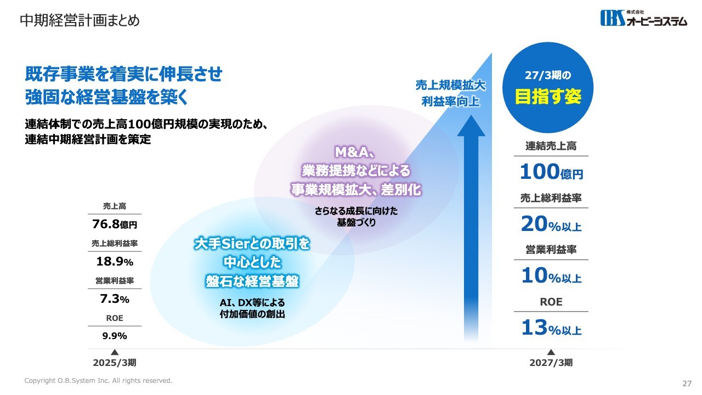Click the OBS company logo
point(644,18)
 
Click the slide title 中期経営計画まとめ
point(80,21)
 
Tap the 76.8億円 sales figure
point(115,224)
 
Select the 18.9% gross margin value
point(115,262)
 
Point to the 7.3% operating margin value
point(115,299)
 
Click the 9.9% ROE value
point(115,336)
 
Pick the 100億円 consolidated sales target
point(551,172)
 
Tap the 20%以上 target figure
point(551,224)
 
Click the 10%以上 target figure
point(551,276)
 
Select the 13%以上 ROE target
point(551,328)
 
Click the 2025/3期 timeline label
point(115,363)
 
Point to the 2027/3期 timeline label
point(551,363)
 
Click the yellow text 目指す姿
point(548,96)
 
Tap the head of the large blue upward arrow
point(471,126)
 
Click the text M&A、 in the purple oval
point(355,153)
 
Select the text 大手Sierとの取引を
point(252,244)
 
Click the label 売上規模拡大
point(451,85)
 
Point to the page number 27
point(687,383)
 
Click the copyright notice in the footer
point(98,381)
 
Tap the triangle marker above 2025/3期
point(115,352)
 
